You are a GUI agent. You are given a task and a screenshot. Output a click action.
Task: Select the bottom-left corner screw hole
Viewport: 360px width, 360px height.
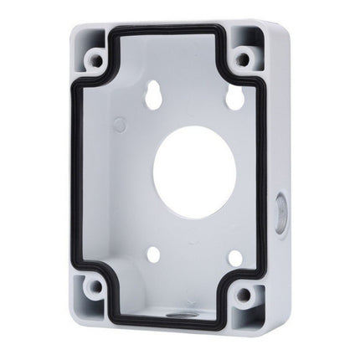coord(96,286)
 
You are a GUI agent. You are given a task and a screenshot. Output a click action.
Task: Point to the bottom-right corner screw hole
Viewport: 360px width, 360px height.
coord(244,294)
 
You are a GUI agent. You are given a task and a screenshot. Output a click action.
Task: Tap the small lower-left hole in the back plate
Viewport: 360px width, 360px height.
coord(154,253)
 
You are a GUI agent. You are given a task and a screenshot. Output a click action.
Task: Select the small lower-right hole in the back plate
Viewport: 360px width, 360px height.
coord(235,258)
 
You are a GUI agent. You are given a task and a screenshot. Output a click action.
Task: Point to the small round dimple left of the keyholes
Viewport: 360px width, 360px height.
coord(120,125)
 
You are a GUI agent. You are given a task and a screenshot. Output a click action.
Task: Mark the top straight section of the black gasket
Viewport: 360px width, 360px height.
coord(167,31)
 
